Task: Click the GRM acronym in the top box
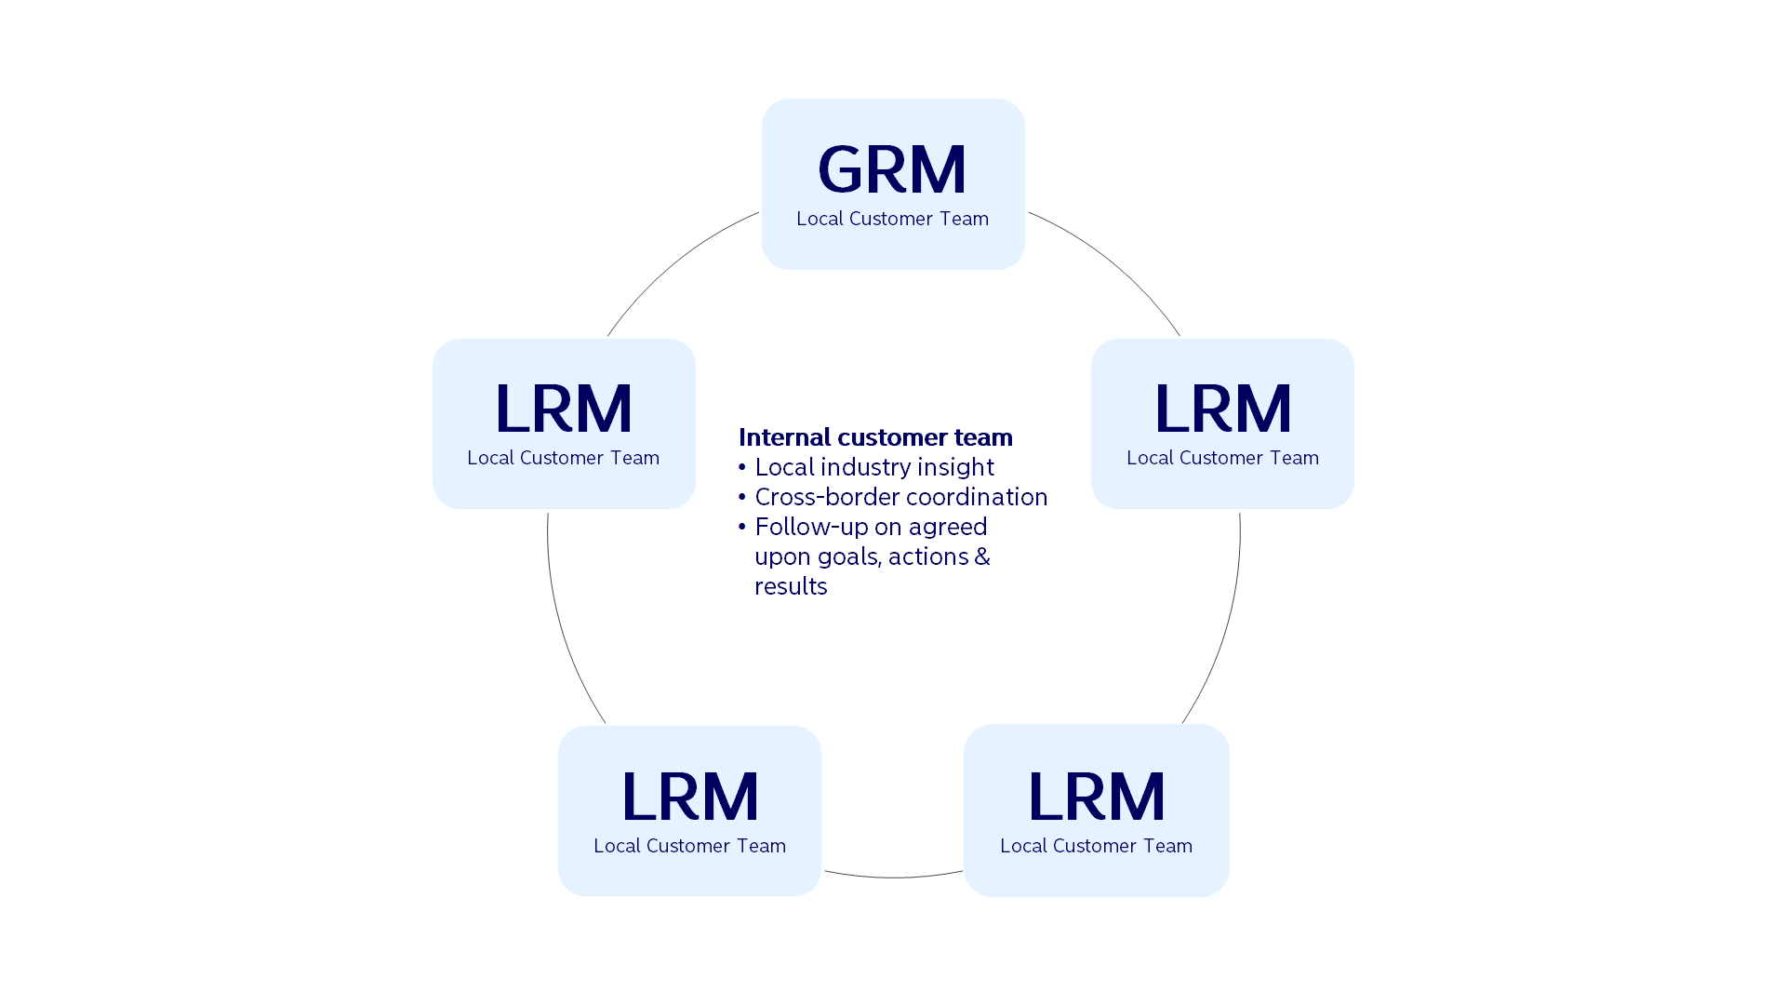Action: pos(892,169)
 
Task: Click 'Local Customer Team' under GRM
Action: pos(892,219)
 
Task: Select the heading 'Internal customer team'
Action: pos(875,437)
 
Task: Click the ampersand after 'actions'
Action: pos(982,556)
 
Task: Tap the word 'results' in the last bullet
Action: pos(791,586)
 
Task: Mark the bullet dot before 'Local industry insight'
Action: pos(742,467)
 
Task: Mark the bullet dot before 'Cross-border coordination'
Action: pos(742,497)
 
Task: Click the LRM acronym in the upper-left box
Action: pos(564,409)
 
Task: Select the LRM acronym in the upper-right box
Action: pos(1222,409)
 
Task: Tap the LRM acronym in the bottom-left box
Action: pos(689,797)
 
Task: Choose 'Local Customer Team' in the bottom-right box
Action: pos(1096,846)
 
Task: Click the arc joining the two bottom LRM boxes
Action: pos(893,878)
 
